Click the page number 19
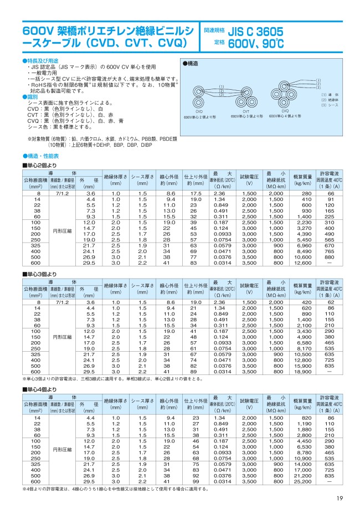click(x=339, y=500)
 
